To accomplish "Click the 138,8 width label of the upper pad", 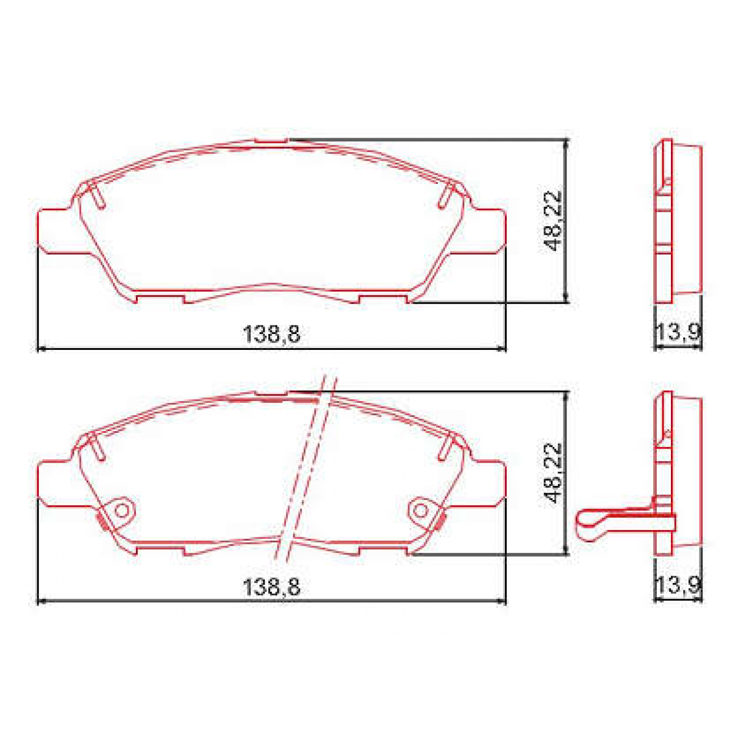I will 271,335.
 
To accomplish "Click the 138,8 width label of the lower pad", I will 271,587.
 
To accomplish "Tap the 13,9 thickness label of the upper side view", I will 677,334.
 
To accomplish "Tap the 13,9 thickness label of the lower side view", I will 677,586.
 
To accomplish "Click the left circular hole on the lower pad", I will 122,510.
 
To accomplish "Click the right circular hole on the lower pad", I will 421,510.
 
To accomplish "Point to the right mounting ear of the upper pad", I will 487,231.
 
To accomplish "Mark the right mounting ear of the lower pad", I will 487,483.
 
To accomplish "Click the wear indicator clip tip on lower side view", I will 584,523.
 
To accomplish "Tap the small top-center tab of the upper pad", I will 271,141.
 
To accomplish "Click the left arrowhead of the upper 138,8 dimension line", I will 41,349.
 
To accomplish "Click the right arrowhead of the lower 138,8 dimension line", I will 502,601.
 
